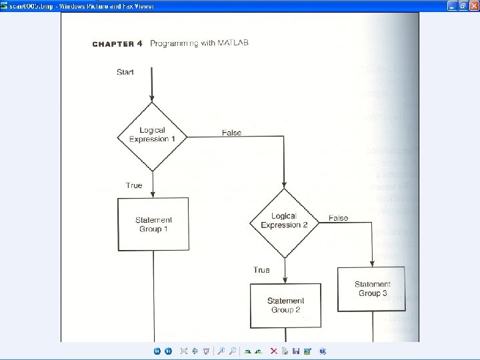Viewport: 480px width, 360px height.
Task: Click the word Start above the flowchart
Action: click(x=125, y=72)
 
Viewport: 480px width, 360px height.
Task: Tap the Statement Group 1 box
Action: click(x=153, y=224)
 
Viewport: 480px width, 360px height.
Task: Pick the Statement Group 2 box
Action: click(x=285, y=305)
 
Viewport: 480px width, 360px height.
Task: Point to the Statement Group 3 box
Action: click(x=372, y=289)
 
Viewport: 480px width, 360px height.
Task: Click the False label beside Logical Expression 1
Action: click(x=231, y=133)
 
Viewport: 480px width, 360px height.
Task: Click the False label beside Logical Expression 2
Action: click(x=338, y=218)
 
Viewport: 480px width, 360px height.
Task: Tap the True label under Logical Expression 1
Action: click(x=133, y=185)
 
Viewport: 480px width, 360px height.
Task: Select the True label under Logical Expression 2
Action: click(x=261, y=270)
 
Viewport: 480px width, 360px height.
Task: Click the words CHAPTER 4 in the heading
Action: click(x=117, y=44)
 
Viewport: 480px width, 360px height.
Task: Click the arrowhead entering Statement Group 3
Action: click(x=372, y=263)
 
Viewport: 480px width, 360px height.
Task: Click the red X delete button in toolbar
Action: click(x=273, y=351)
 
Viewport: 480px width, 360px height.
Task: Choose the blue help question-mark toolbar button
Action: click(x=322, y=351)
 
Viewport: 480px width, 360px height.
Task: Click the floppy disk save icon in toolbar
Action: click(x=295, y=351)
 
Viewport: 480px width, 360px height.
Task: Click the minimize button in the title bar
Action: click(x=453, y=5)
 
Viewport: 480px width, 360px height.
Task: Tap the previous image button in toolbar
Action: click(x=157, y=351)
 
